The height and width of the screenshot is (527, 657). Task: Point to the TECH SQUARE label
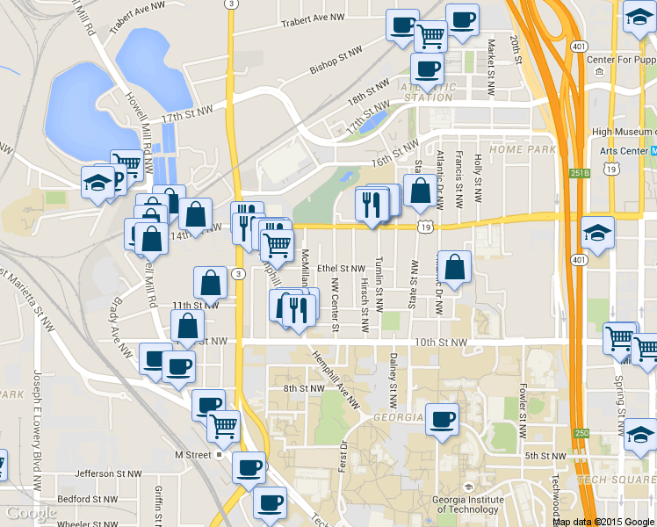[616, 479]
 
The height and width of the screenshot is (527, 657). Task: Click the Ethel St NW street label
[341, 268]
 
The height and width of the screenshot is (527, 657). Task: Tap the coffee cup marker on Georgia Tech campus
[442, 419]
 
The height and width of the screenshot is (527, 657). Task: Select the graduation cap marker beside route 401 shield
[597, 233]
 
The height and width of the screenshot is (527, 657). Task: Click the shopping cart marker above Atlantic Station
[430, 36]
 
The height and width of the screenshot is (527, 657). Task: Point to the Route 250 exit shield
[581, 433]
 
